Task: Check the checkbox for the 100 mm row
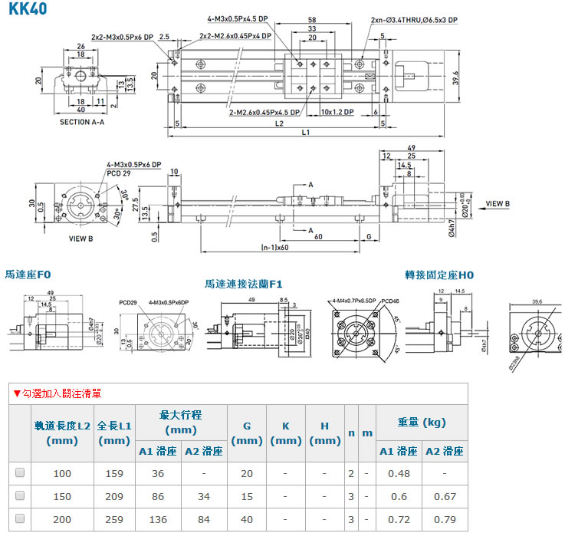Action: [x=20, y=473]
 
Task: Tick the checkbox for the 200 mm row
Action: [x=20, y=519]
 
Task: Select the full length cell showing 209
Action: [x=114, y=496]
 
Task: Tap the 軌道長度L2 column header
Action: [x=62, y=433]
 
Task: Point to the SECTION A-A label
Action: [x=82, y=122]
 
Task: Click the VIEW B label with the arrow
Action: [x=504, y=205]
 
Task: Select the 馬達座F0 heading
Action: [x=28, y=274]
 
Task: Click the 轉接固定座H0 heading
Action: [x=440, y=274]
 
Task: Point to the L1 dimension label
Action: [x=305, y=133]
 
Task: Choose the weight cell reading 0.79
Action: [x=445, y=519]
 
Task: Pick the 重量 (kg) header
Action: [x=422, y=423]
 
